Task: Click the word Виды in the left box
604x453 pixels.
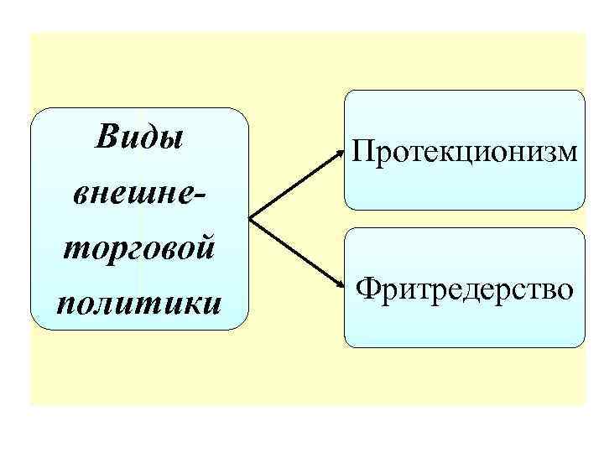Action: click(x=139, y=137)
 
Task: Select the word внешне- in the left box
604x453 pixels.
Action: click(x=139, y=193)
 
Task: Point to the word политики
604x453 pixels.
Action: click(x=139, y=301)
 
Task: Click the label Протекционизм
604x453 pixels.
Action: click(x=465, y=152)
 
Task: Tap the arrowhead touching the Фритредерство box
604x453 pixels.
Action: click(x=340, y=285)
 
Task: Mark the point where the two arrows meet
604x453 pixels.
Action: click(x=250, y=220)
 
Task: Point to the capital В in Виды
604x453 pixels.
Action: click(x=108, y=136)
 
